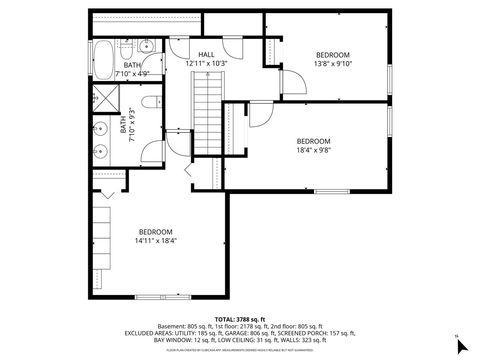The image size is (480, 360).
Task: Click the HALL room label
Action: click(x=206, y=54)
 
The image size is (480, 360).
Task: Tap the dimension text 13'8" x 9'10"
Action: click(x=333, y=63)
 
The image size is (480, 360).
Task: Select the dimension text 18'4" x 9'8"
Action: click(x=314, y=151)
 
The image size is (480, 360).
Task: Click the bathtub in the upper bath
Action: click(x=104, y=54)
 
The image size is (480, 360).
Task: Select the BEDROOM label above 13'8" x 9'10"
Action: click(x=333, y=54)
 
